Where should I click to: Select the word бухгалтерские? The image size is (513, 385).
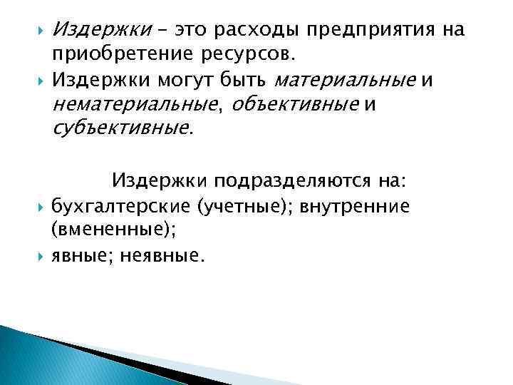click(120, 207)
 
